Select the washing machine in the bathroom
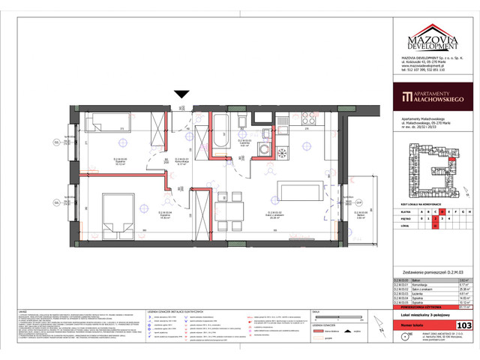[x=262, y=149]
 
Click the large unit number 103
[x=463, y=325]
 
